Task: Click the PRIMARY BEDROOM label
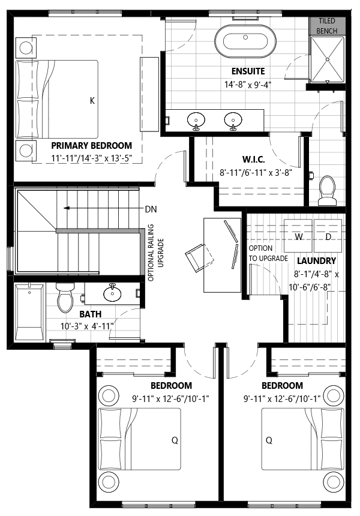91,145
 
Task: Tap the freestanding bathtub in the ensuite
245,42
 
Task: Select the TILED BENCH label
327,26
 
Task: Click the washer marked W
298,236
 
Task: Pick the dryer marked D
328,236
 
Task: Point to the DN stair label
151,209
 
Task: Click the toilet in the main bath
65,297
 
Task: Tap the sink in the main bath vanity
112,293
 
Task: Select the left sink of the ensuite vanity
196,121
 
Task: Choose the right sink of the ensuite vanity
233,121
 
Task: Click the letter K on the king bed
92,100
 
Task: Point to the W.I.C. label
253,160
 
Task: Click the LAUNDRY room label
317,261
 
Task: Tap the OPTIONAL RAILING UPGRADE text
155,253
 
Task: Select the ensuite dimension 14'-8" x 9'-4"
248,85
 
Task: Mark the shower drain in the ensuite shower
328,59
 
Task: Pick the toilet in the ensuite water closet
327,191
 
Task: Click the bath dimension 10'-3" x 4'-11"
87,326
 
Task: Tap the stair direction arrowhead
67,208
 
